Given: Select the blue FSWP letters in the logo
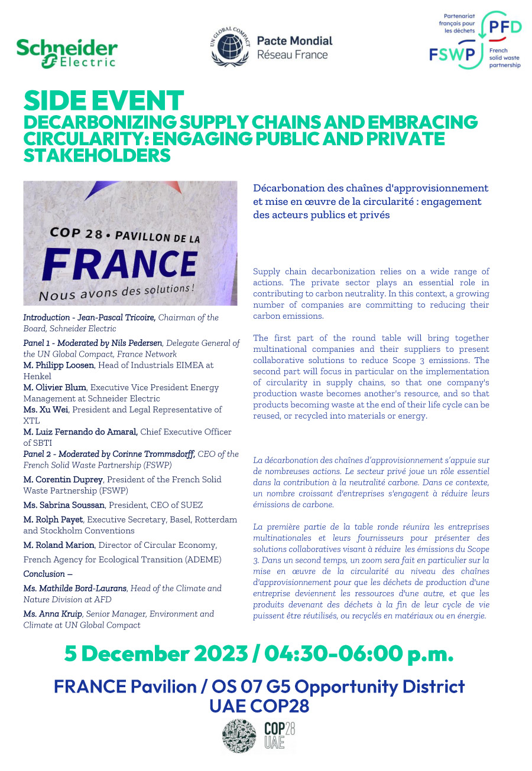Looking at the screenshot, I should click(x=453, y=55).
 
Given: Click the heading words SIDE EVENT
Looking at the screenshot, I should click(x=103, y=100).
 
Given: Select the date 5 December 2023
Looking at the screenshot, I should click(x=156, y=654).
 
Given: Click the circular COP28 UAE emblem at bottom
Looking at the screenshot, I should click(x=239, y=736).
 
